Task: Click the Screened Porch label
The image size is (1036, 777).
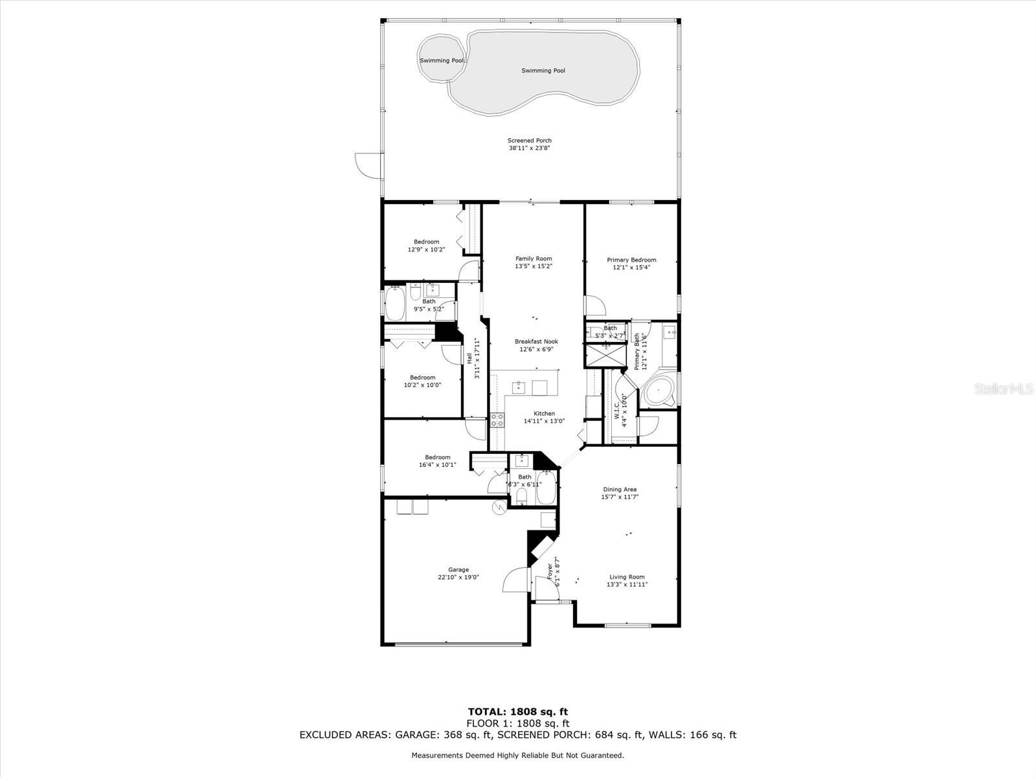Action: point(530,140)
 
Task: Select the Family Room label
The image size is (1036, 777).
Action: point(534,258)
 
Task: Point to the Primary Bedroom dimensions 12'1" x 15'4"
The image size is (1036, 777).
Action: point(631,267)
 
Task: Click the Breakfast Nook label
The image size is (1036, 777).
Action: point(536,342)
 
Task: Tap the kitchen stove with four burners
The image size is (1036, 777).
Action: point(497,420)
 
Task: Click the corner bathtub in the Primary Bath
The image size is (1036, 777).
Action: point(659,390)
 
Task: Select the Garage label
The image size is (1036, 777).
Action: point(458,569)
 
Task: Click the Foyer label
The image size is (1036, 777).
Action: point(550,571)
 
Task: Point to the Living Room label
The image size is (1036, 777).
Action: point(627,576)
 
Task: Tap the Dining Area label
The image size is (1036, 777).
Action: point(620,490)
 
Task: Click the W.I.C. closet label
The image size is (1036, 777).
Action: point(617,411)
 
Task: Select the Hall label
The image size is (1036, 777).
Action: point(469,359)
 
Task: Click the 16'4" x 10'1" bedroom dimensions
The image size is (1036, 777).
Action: point(438,465)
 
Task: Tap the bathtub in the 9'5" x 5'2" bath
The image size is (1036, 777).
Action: point(395,303)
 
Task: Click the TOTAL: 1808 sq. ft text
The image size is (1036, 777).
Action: point(518,712)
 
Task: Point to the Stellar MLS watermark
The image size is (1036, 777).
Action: point(1004,388)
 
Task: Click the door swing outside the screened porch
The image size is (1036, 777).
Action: point(369,166)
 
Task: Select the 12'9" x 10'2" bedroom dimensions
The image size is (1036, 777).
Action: point(426,249)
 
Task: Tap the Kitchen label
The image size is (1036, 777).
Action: point(544,413)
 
